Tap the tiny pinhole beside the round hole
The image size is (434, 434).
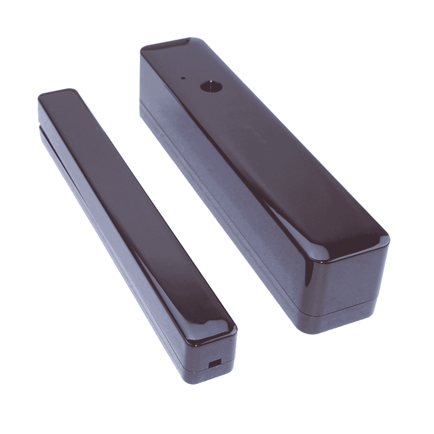[183, 77]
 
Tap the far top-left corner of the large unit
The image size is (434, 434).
[144, 49]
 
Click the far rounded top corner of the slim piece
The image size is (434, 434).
[69, 90]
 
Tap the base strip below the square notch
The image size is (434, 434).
[213, 373]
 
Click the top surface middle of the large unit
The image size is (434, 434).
[264, 145]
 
